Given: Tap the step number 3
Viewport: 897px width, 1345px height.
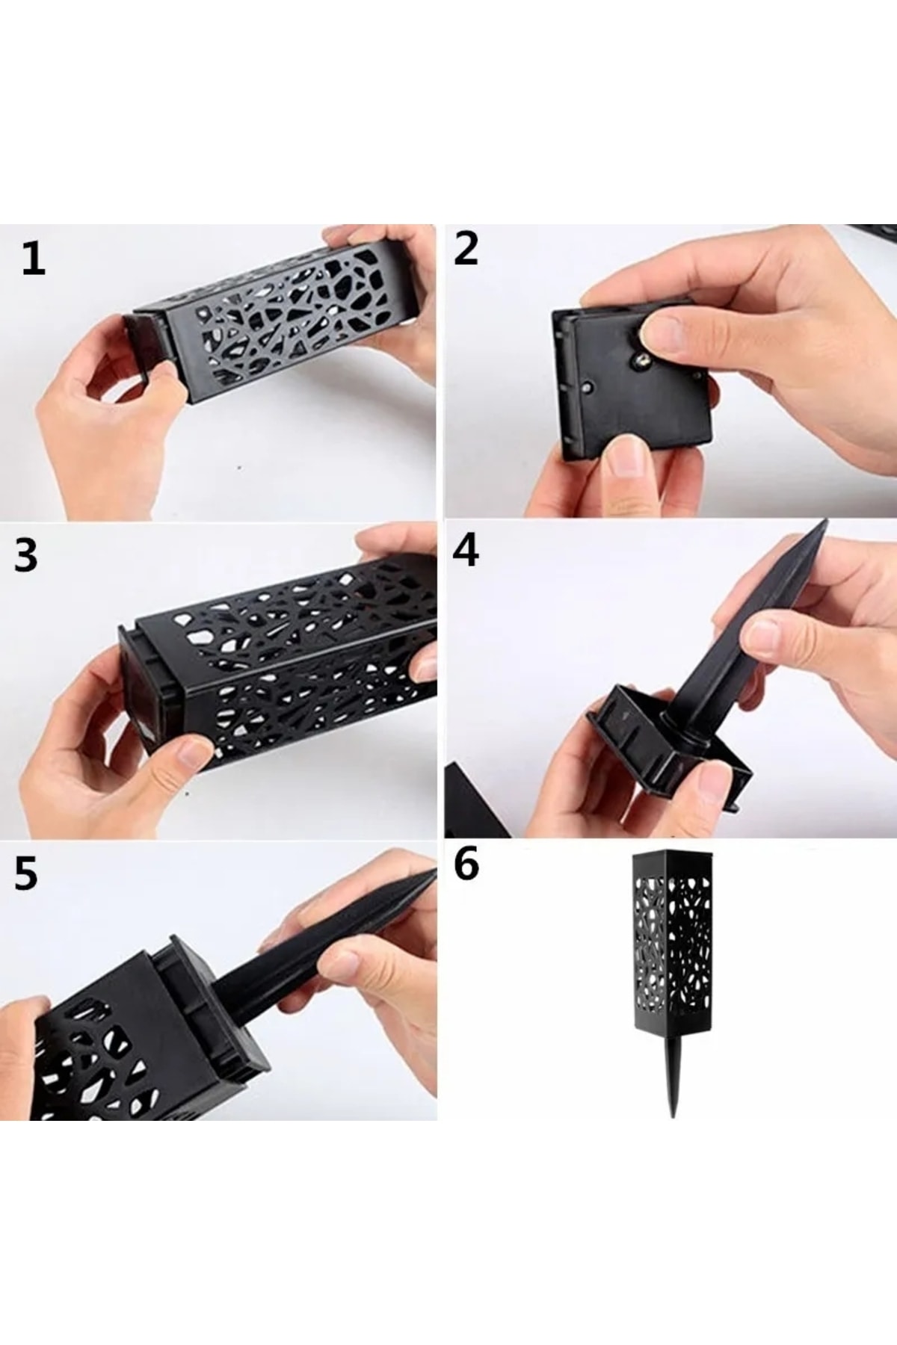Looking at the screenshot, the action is point(26,556).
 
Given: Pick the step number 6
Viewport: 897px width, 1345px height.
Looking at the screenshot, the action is point(466,867).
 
